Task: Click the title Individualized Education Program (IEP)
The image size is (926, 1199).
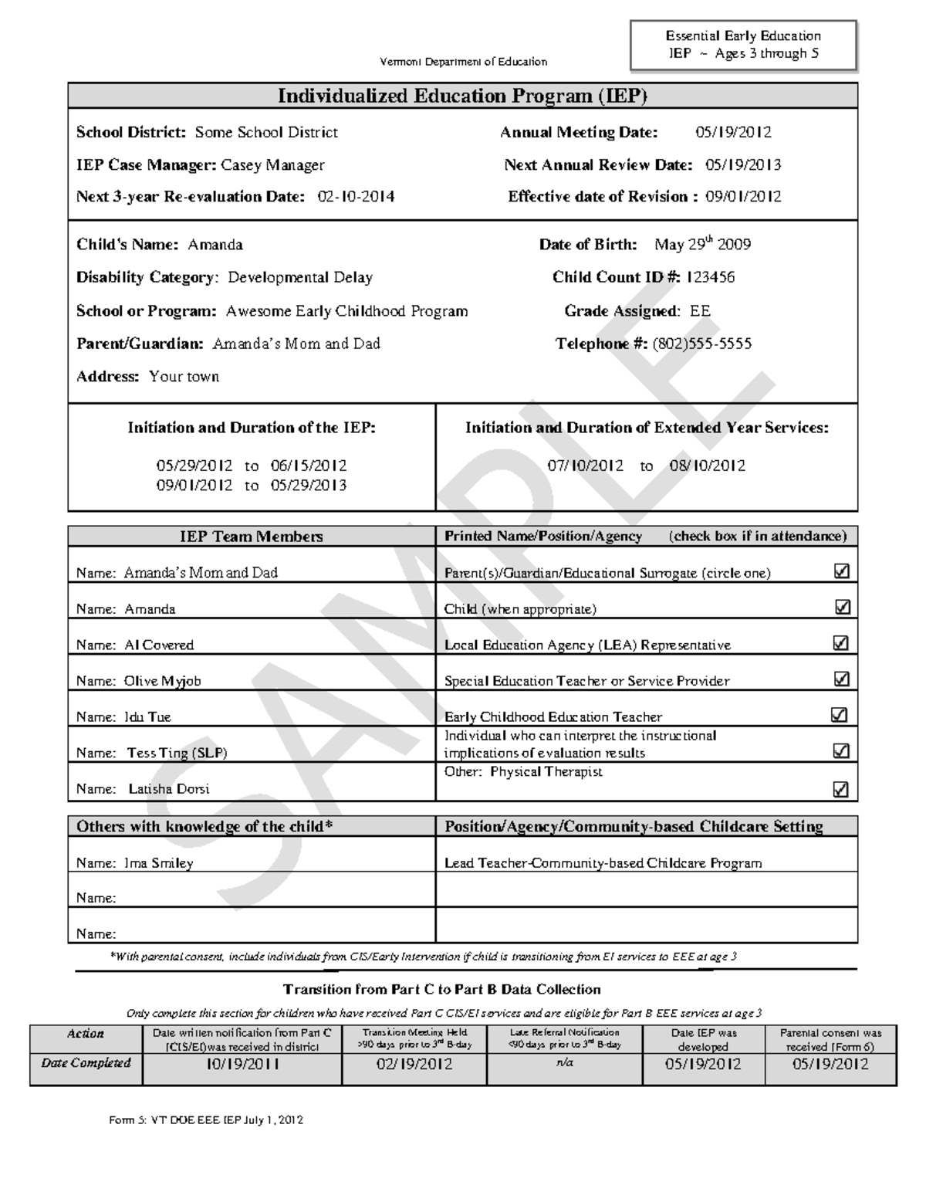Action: pos(462,96)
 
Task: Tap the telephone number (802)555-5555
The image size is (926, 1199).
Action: pos(701,344)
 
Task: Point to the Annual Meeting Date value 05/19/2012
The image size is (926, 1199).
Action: pos(733,132)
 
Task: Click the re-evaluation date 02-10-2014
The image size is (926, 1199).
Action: pos(356,197)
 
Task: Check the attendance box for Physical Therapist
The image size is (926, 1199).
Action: pos(840,789)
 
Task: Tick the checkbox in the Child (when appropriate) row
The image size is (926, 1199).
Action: pos(842,608)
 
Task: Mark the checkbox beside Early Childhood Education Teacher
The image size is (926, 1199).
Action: pos(839,715)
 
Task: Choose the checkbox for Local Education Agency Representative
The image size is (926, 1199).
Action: pos(841,643)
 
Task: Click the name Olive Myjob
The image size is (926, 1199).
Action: pos(162,681)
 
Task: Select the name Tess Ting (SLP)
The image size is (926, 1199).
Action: pos(177,753)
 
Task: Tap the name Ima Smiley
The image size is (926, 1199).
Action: pos(158,863)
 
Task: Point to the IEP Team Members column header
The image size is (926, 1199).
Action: pos(252,536)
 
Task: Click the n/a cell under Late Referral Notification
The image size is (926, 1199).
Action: pos(564,1063)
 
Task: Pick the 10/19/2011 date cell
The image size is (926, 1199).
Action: pos(242,1065)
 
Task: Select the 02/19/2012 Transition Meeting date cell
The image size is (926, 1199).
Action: pos(414,1065)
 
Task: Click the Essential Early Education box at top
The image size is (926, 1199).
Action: pos(743,45)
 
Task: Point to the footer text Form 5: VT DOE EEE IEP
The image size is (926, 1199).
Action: pos(206,1119)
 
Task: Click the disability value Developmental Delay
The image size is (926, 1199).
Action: pos(300,277)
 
